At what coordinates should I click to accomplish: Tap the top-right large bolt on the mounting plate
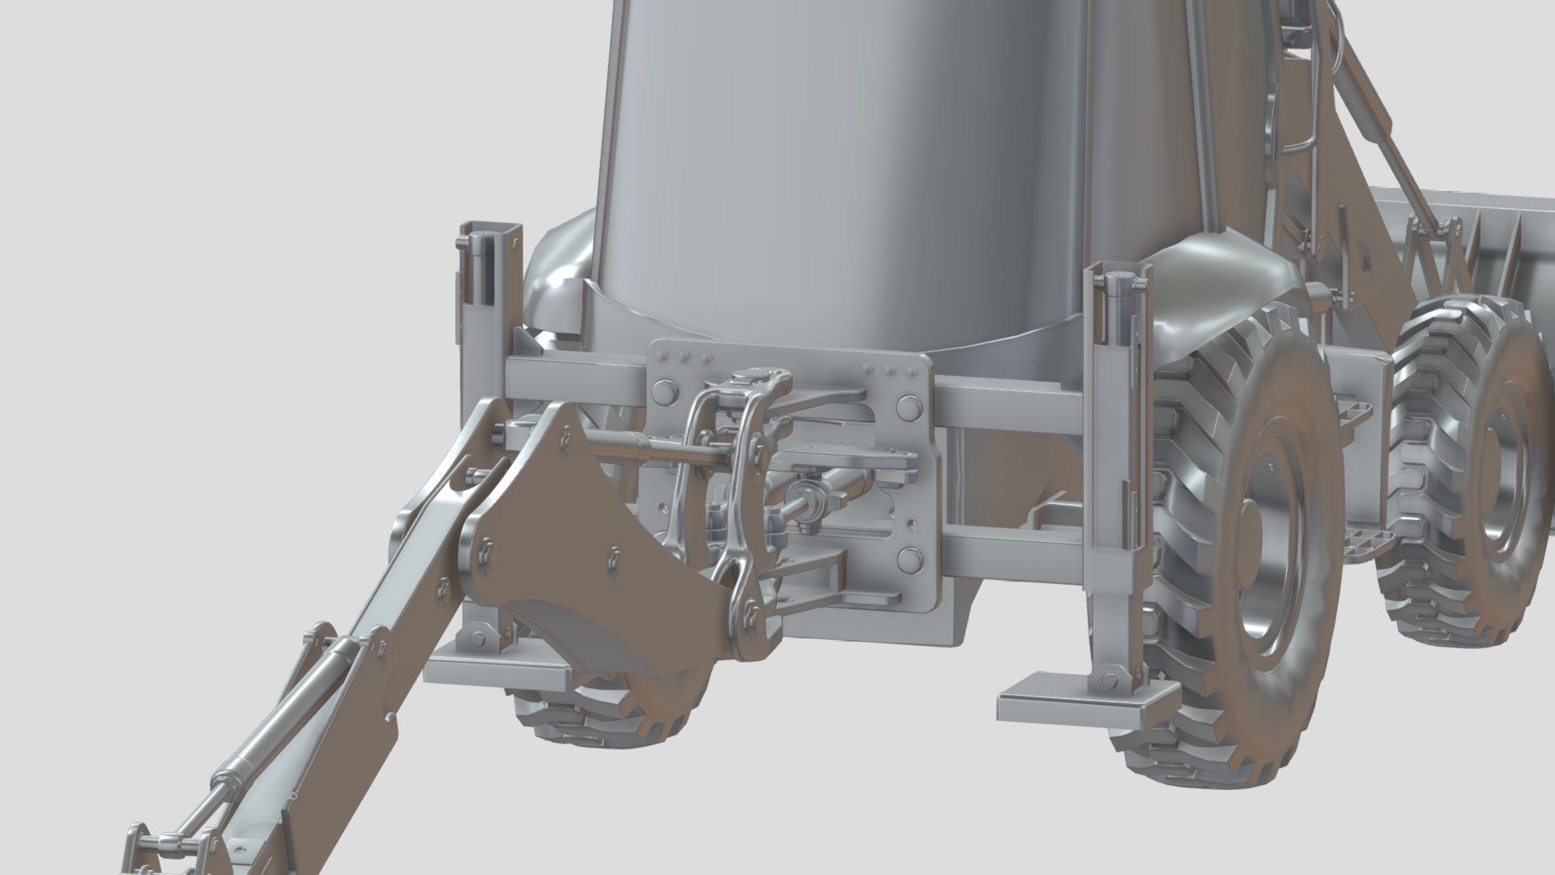coord(910,406)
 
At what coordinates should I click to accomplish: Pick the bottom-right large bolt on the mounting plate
coord(910,560)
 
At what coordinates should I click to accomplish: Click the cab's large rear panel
coord(842,162)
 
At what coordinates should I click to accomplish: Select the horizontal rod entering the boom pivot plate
coord(648,446)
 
